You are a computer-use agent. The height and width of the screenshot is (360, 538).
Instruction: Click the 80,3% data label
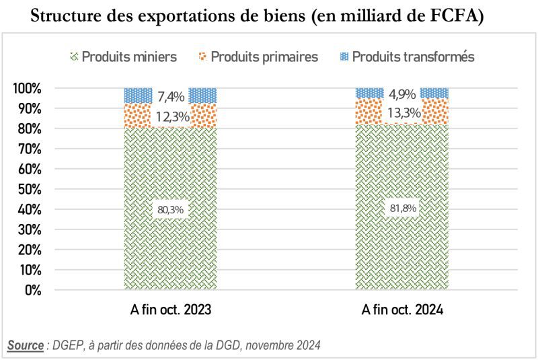(x=171, y=209)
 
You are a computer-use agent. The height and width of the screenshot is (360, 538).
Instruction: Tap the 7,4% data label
(x=171, y=97)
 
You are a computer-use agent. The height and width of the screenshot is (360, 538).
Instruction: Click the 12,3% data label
(x=171, y=117)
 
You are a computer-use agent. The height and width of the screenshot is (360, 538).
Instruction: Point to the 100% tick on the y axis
(x=27, y=88)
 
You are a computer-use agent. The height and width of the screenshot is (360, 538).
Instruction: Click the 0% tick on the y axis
(x=32, y=290)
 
